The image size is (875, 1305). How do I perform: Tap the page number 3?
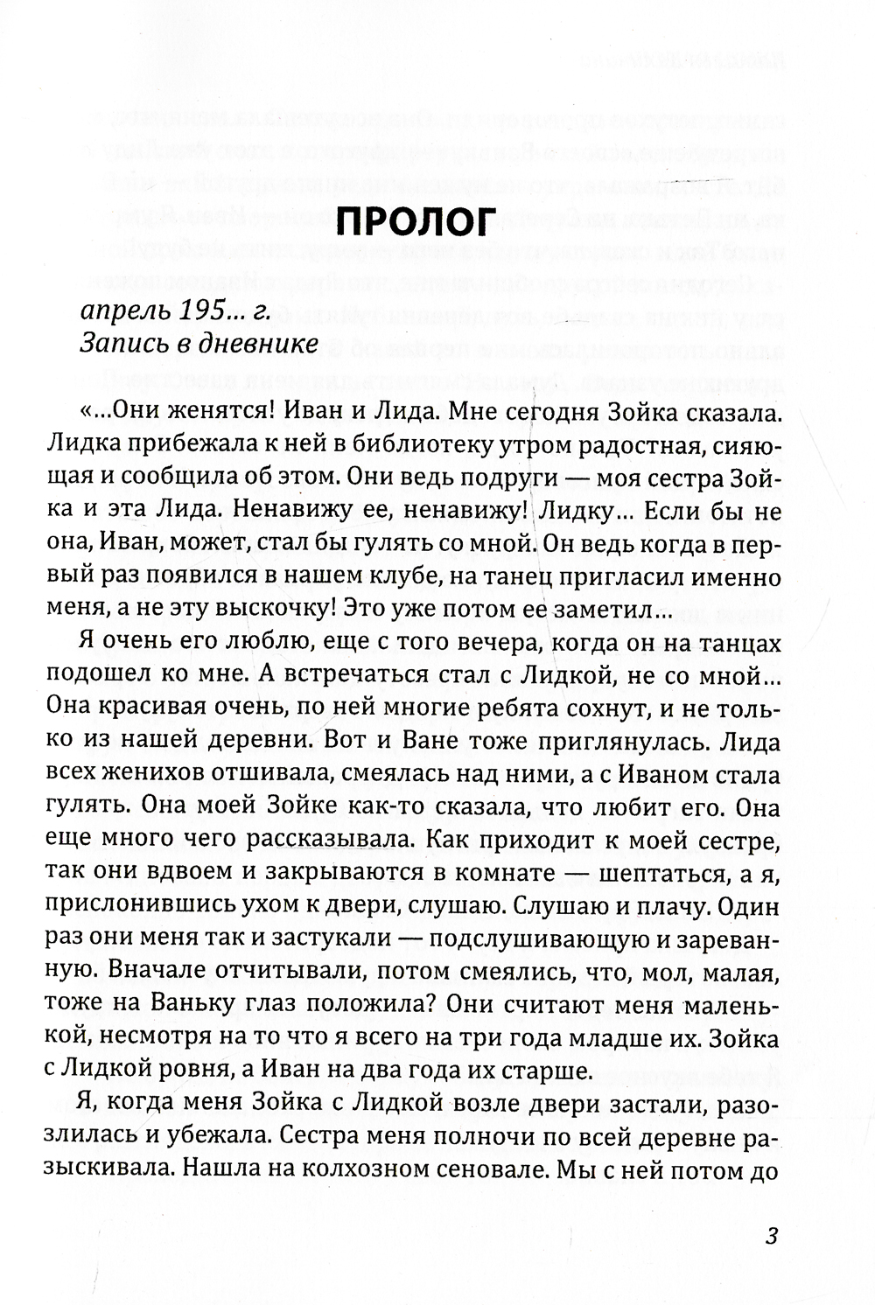tap(772, 1236)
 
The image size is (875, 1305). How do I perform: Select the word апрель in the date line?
tap(122, 309)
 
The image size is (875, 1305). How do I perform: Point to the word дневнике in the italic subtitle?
tap(262, 345)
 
